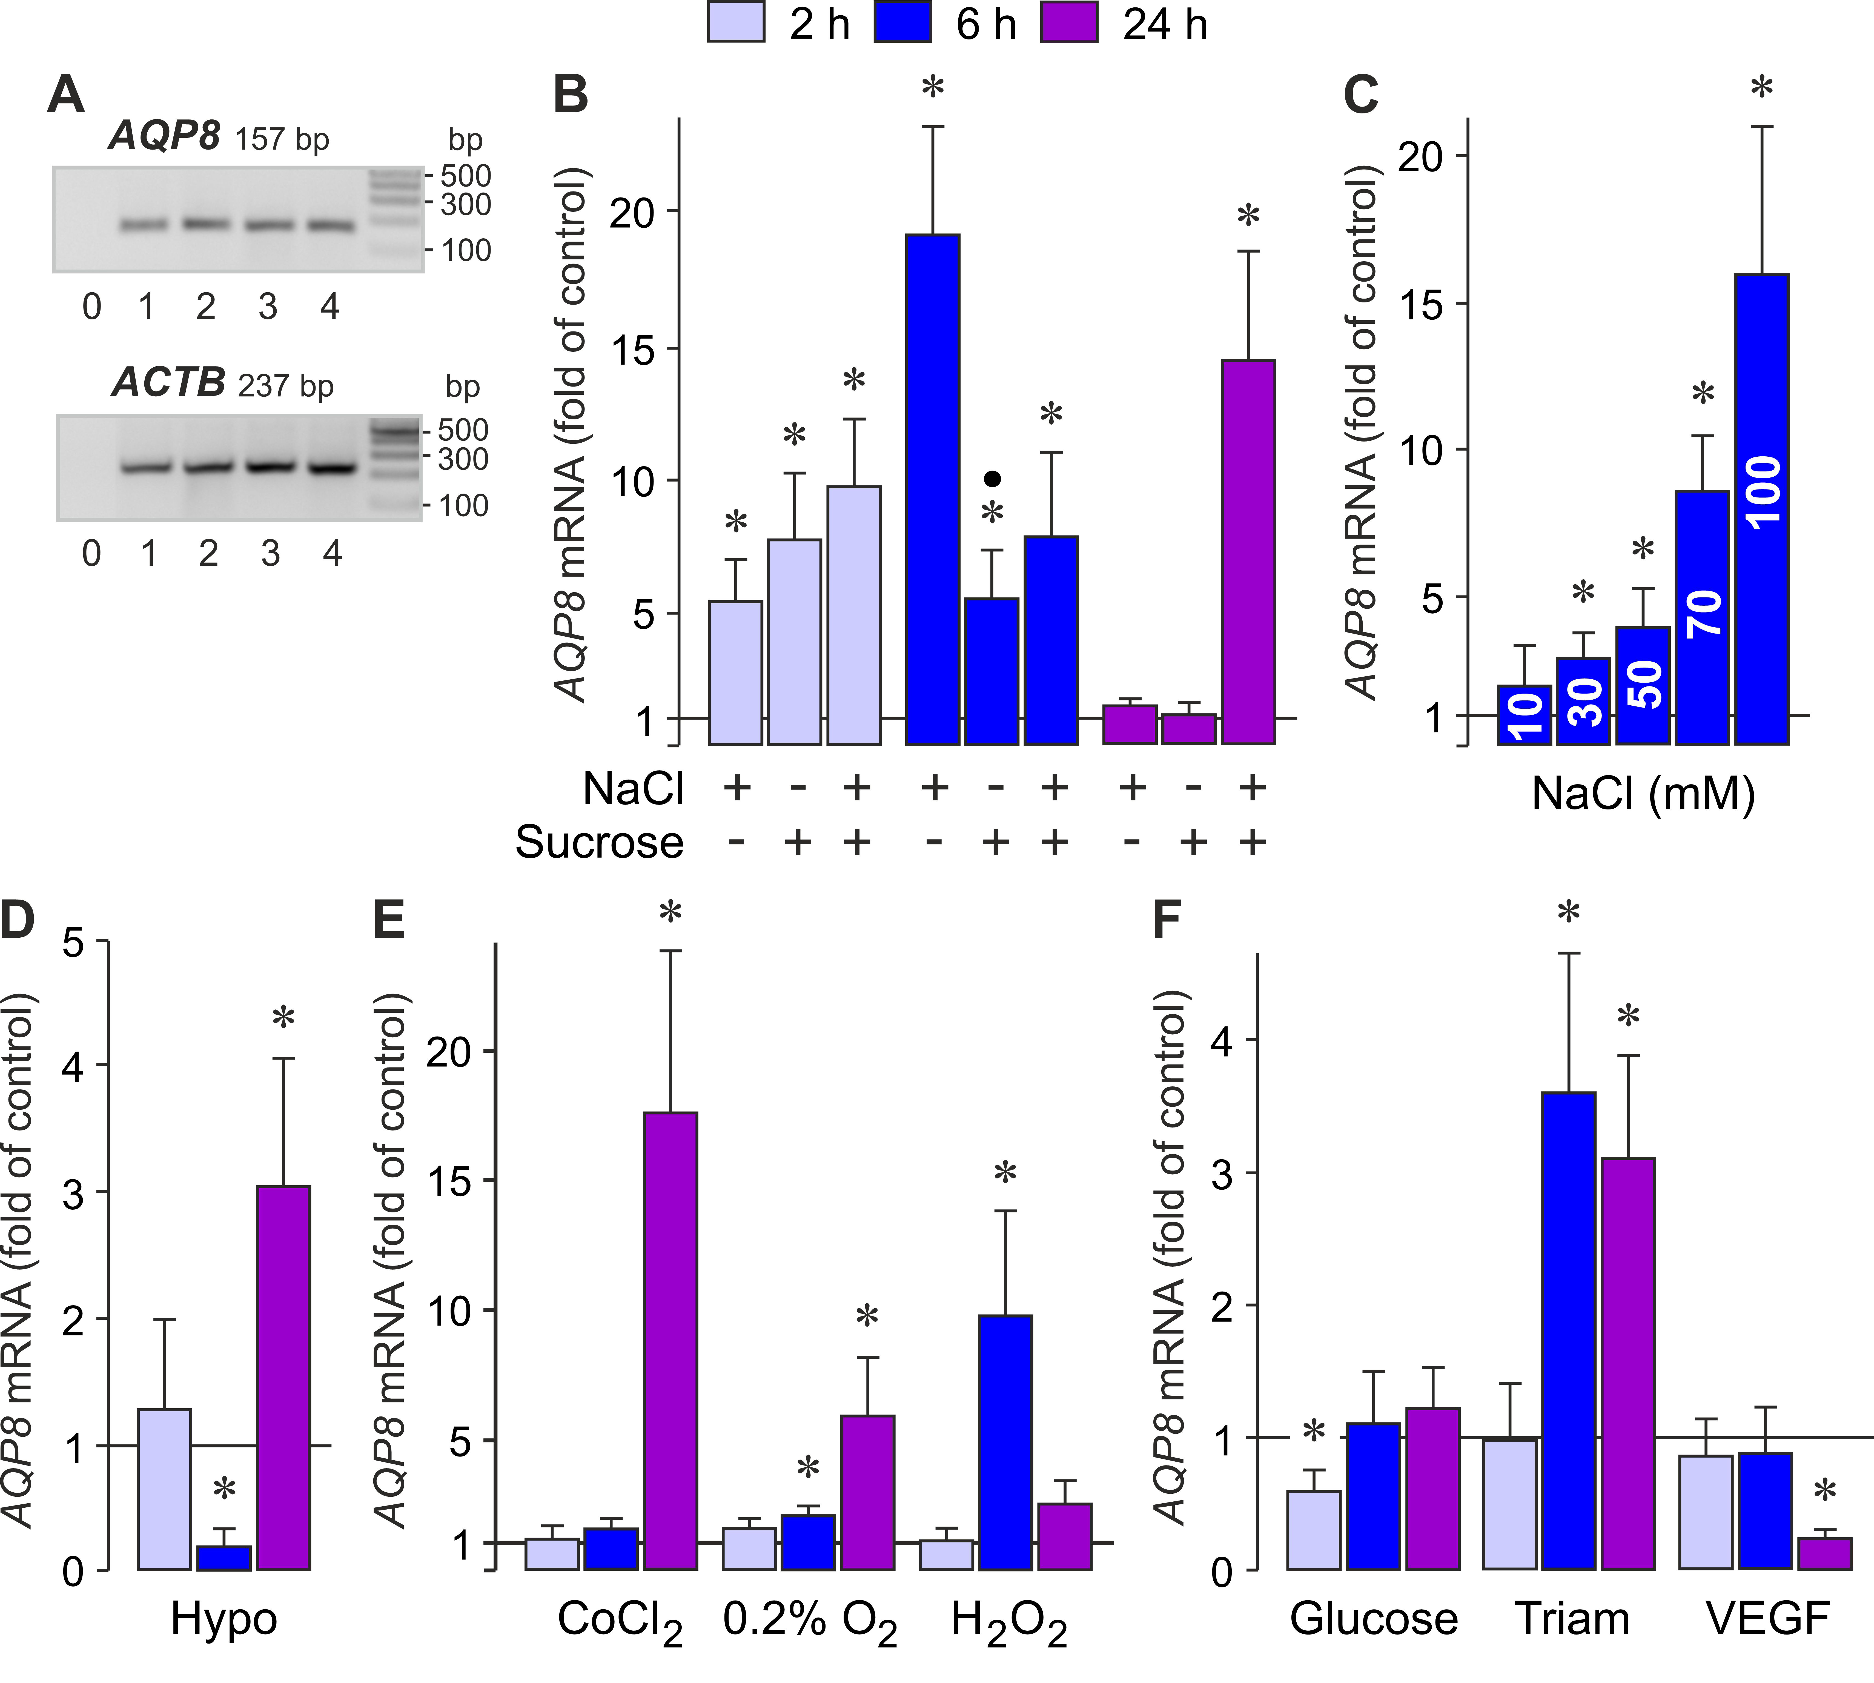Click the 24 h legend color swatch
pos(1069,22)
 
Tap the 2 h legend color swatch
pos(736,22)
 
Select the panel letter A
pos(66,95)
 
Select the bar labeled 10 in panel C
pos(1524,714)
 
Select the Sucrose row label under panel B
pos(599,842)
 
